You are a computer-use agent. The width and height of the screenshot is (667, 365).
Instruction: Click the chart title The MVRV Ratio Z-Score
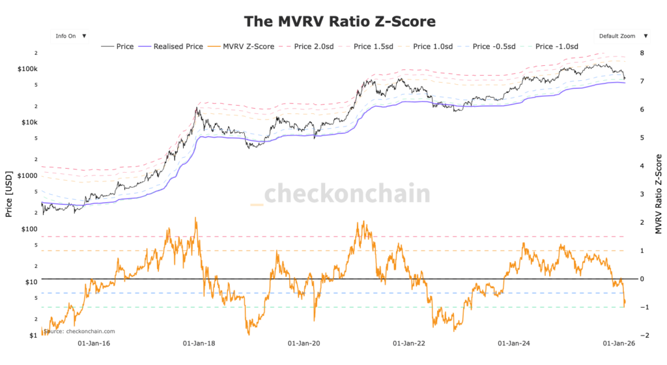[x=339, y=21]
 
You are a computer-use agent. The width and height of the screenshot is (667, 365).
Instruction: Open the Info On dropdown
[x=70, y=36]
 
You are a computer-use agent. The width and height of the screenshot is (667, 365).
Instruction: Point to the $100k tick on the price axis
[x=29, y=69]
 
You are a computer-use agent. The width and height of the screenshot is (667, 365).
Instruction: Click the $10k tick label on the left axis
[x=30, y=122]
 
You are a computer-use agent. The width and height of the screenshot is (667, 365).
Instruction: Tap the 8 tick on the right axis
[x=643, y=53]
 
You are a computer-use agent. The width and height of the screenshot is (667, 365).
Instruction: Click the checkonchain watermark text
[x=348, y=194]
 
